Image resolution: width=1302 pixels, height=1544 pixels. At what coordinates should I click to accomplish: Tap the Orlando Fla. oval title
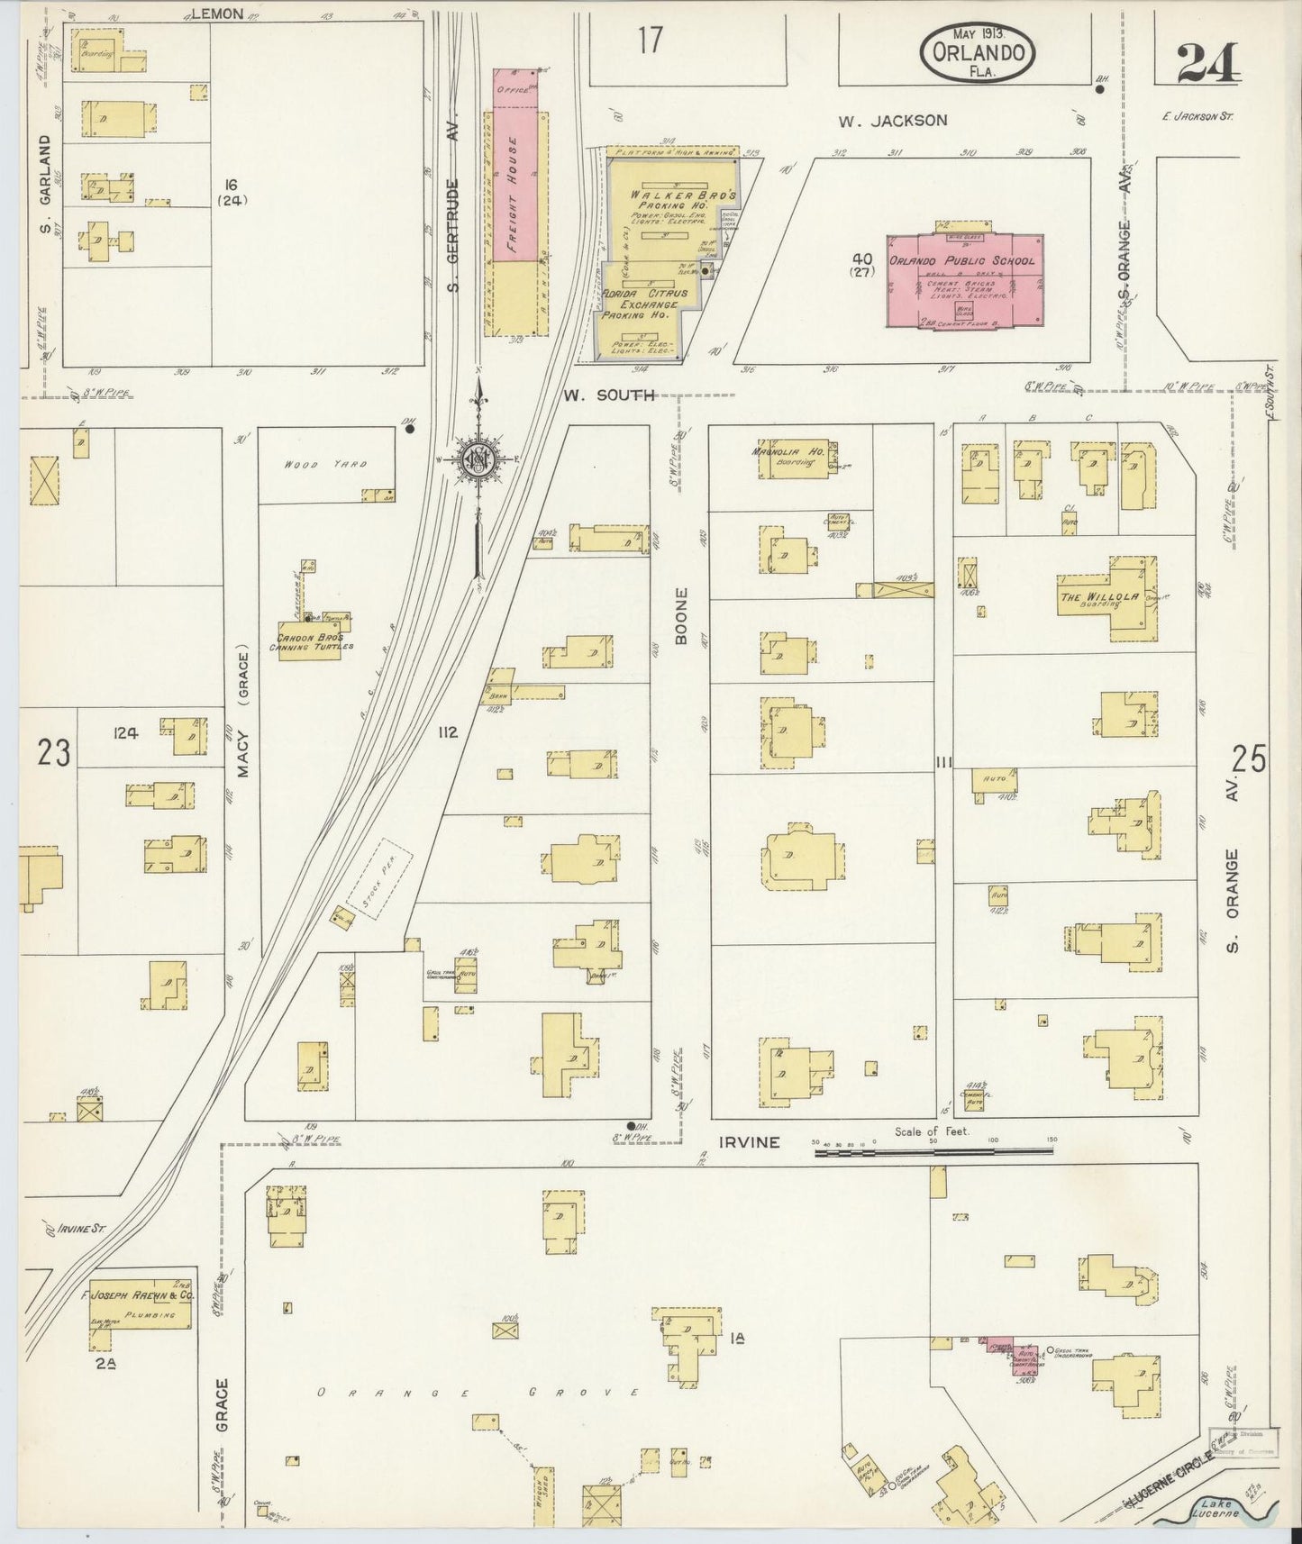977,55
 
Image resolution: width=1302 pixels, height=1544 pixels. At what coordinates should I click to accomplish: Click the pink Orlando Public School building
964,280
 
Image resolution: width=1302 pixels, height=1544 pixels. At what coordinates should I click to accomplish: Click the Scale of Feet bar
933,1150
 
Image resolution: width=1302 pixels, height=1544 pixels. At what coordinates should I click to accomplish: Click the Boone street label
681,616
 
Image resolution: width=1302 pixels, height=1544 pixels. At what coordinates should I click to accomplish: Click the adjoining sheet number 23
53,752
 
